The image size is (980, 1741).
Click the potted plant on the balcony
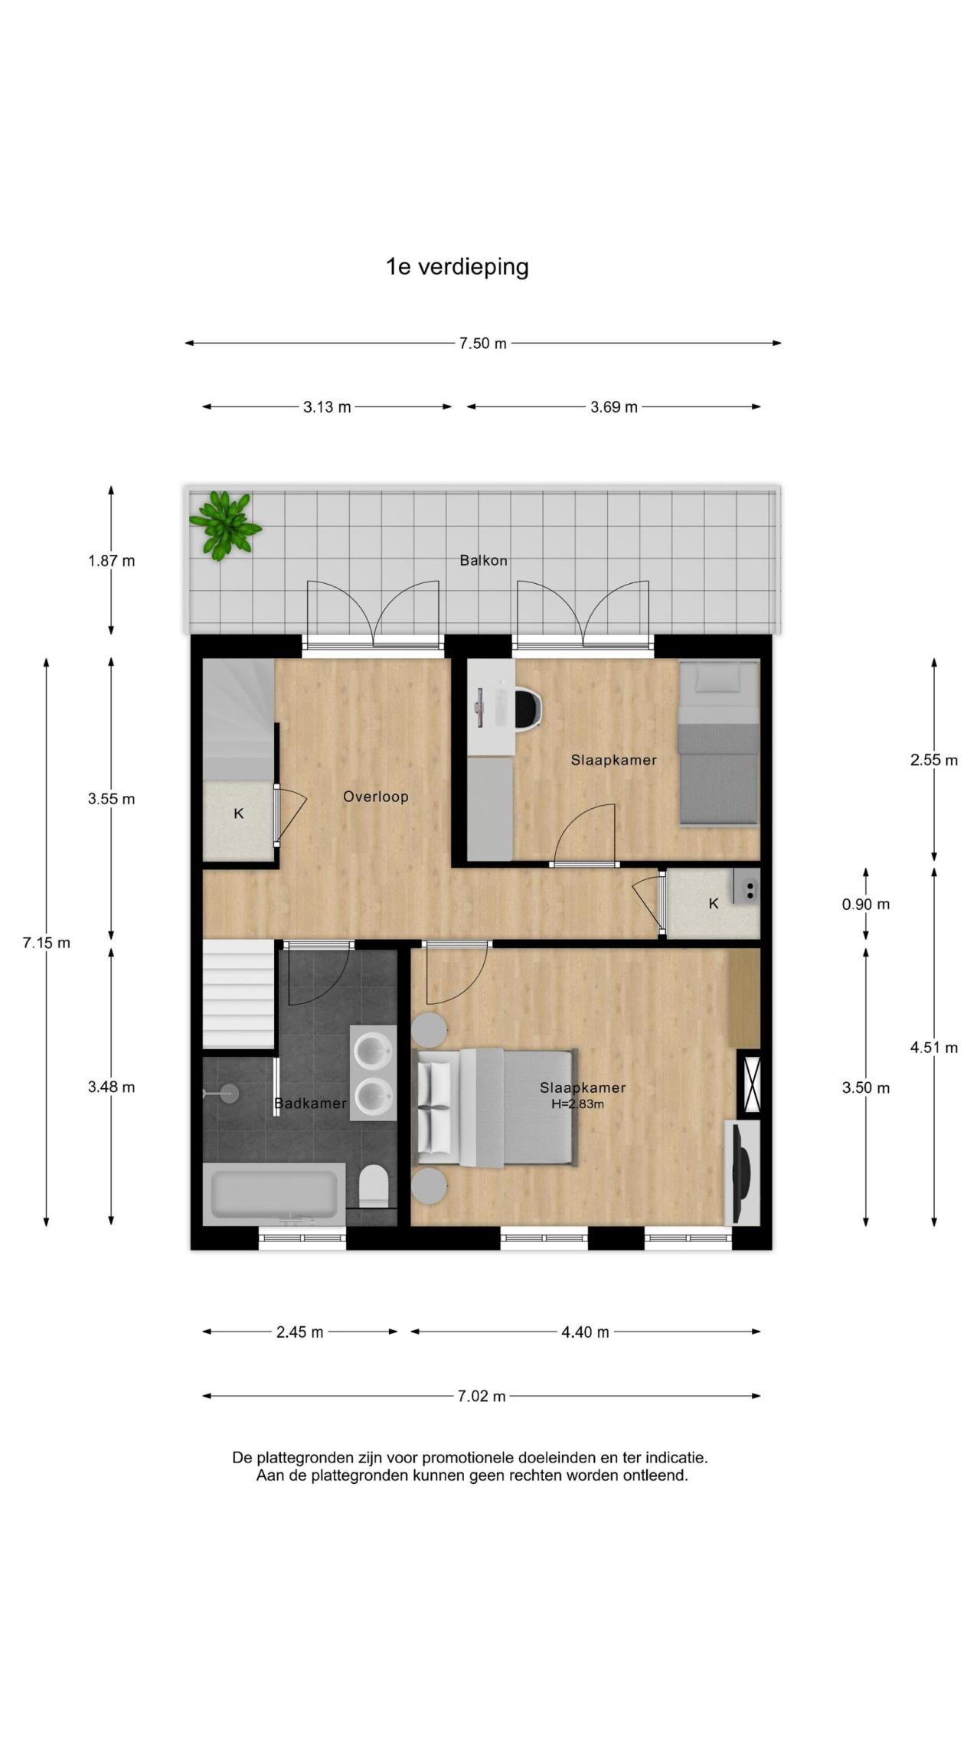coord(224,524)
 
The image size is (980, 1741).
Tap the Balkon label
coord(483,560)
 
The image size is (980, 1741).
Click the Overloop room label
coord(375,797)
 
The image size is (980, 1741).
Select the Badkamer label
coord(310,1104)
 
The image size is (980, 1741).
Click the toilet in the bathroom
coord(374,1185)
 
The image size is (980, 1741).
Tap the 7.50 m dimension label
coord(483,344)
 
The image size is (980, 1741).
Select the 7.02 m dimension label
coord(482,1396)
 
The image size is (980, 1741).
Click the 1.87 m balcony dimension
coord(112,561)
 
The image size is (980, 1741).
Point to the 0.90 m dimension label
coord(866,905)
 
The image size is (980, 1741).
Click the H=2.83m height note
coord(577,1104)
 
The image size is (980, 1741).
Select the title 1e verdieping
coord(457,267)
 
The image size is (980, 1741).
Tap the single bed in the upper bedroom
coord(718,742)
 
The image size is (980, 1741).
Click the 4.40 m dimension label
coord(586,1332)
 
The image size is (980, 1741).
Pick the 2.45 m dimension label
coord(299,1332)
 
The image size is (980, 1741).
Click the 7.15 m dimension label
coord(47,943)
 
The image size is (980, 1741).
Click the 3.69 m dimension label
coord(614,407)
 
